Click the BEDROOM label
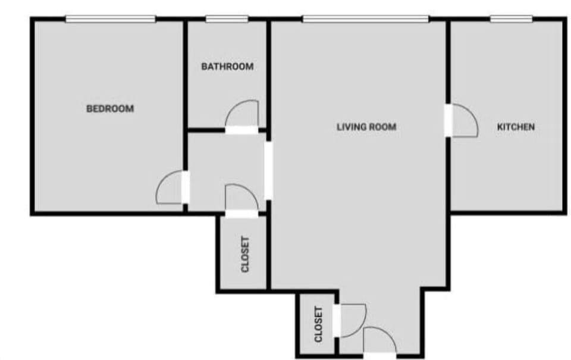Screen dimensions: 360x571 pyautogui.click(x=110, y=109)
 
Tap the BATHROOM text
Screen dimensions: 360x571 pyautogui.click(x=227, y=67)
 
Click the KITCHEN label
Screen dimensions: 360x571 pyautogui.click(x=516, y=127)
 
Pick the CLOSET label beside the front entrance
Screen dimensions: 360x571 pyautogui.click(x=318, y=324)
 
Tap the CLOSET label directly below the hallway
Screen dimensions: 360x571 pyautogui.click(x=245, y=254)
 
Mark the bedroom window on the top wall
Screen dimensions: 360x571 pyautogui.click(x=110, y=19)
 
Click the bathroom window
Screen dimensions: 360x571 pyautogui.click(x=227, y=19)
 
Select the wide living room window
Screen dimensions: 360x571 pyautogui.click(x=365, y=19)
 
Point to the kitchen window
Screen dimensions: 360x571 pyautogui.click(x=511, y=19)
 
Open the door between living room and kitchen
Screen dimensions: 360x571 pyautogui.click(x=463, y=121)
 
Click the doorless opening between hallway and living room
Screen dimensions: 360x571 pyautogui.click(x=269, y=170)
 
